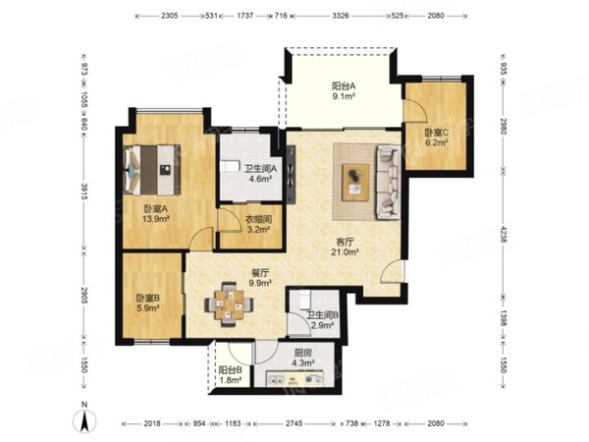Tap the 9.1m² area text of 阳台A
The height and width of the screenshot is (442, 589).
[x=344, y=96]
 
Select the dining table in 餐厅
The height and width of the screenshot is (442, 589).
[x=229, y=304]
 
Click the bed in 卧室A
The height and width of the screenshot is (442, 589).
[x=152, y=170]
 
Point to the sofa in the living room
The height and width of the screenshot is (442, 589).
[x=388, y=182]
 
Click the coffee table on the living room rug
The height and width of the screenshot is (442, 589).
[x=355, y=183]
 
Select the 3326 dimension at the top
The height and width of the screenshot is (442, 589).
[x=341, y=16]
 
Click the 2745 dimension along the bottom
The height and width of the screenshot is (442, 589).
[x=294, y=423]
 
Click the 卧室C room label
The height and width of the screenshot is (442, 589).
[x=437, y=133]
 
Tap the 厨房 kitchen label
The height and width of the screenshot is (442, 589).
[x=302, y=353]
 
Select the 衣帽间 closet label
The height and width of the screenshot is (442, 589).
[x=258, y=219]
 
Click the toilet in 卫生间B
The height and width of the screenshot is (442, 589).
[x=304, y=299]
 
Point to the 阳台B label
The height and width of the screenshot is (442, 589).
[x=230, y=370]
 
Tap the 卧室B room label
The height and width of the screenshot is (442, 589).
[x=148, y=298]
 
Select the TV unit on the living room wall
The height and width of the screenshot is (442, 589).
[x=292, y=174]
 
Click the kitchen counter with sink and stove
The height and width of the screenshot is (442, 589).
[x=294, y=379]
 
